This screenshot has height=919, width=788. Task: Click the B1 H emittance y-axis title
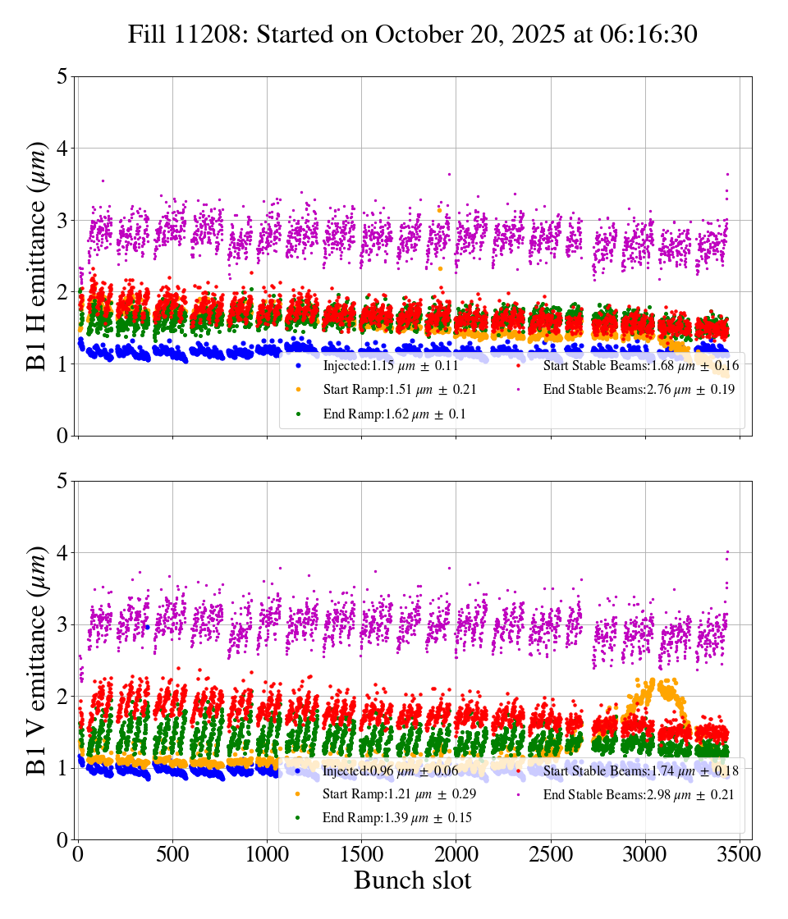coord(37,255)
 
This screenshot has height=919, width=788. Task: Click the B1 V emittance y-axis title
coord(37,660)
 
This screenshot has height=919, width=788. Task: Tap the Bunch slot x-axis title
coord(413,881)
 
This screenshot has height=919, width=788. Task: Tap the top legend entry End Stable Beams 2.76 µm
coord(632,390)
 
